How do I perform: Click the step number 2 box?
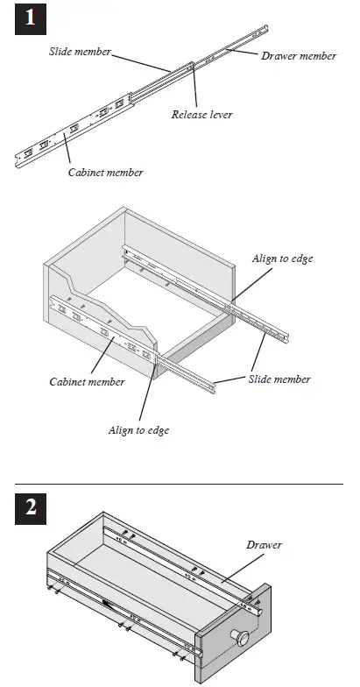[x=31, y=510]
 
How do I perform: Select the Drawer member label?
[x=299, y=56]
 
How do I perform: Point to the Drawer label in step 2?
[x=264, y=544]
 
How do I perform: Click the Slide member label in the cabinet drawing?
[x=279, y=379]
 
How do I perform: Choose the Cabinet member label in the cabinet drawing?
[x=87, y=381]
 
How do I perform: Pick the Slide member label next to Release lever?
[x=80, y=52]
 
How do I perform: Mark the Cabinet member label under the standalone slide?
[x=105, y=173]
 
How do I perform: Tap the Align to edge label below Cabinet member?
[x=138, y=430]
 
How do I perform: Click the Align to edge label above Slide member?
[x=282, y=259]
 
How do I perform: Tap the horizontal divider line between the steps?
[x=180, y=483]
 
